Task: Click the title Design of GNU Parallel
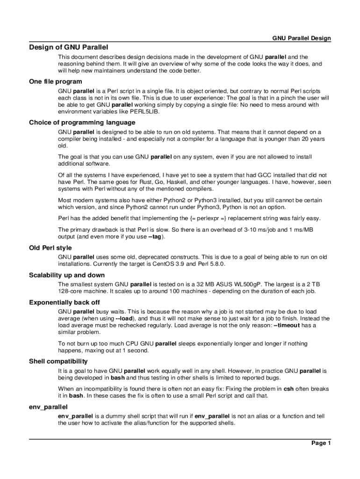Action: click(x=68, y=47)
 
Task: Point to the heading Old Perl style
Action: click(x=50, y=248)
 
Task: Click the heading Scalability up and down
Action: click(x=67, y=275)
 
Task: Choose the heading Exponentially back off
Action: click(x=64, y=302)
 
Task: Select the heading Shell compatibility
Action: click(x=58, y=362)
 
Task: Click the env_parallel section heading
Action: click(x=48, y=407)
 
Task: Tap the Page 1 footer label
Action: click(x=321, y=443)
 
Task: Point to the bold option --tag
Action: click(x=156, y=237)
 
